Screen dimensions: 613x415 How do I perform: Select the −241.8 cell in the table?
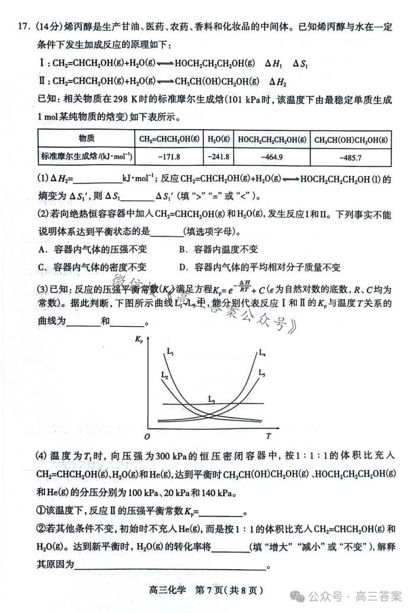(x=218, y=157)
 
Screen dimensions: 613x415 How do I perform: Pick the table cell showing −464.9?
(x=272, y=157)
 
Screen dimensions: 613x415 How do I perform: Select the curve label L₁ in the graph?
(x=171, y=353)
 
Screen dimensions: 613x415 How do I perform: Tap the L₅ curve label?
(x=261, y=373)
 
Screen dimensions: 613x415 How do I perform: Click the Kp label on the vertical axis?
(x=139, y=340)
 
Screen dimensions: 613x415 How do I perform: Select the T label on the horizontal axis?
(x=268, y=437)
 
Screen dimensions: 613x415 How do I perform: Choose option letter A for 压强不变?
(x=41, y=249)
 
